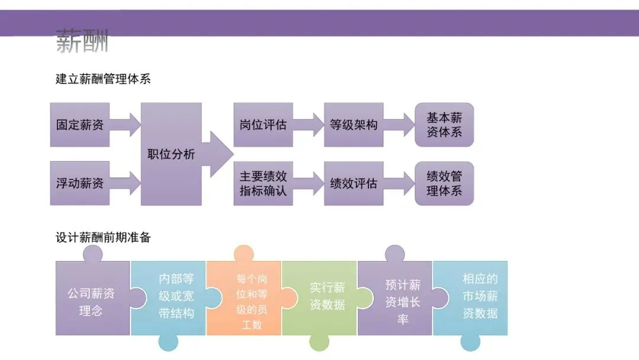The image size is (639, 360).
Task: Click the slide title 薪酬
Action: pyautogui.click(x=82, y=42)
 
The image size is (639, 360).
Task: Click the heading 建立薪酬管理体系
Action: pyautogui.click(x=103, y=78)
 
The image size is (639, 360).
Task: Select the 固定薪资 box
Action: pyautogui.click(x=80, y=125)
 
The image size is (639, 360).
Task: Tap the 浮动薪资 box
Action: pyautogui.click(x=80, y=183)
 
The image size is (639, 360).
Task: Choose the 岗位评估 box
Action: pyautogui.click(x=263, y=125)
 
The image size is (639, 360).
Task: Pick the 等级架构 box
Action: pyautogui.click(x=353, y=125)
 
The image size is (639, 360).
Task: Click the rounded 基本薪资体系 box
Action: pyautogui.click(x=444, y=125)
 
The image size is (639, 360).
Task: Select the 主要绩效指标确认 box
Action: pyautogui.click(x=263, y=184)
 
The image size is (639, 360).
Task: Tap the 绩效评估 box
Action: pyautogui.click(x=353, y=184)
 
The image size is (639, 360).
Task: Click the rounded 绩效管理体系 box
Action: pyautogui.click(x=444, y=184)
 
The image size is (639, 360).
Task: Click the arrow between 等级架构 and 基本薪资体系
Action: pyautogui.click(x=399, y=125)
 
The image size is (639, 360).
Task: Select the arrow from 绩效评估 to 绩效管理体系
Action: pyautogui.click(x=399, y=184)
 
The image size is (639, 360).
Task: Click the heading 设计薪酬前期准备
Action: pyautogui.click(x=103, y=238)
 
